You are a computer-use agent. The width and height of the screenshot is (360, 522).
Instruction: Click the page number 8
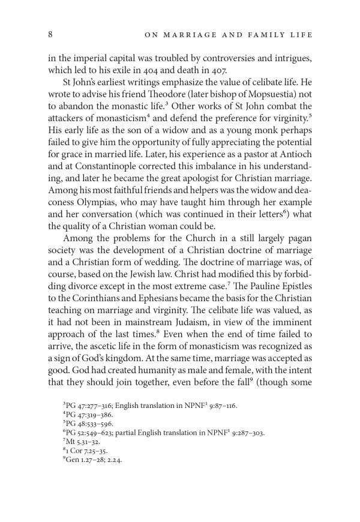(50, 35)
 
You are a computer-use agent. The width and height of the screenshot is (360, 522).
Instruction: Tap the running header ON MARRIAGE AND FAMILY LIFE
(229, 35)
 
